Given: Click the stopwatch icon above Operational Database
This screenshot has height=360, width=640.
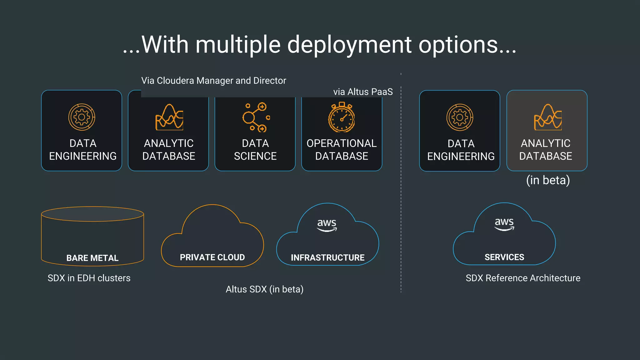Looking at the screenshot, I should (342, 117).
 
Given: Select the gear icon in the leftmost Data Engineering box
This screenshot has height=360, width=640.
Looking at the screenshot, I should (82, 117).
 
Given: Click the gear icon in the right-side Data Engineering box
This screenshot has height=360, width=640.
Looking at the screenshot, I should (460, 117).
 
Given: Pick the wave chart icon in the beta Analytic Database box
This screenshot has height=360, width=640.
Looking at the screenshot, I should (548, 117).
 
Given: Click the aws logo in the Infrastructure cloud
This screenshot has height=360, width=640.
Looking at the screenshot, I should (327, 224).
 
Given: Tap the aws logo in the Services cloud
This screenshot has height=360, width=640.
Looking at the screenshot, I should (504, 223).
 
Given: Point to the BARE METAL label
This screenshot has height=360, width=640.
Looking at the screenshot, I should (92, 258).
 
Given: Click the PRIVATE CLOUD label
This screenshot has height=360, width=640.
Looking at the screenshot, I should (212, 257).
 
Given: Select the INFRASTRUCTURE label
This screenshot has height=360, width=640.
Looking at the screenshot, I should (327, 257).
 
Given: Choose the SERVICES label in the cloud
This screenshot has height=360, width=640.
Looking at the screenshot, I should (504, 257).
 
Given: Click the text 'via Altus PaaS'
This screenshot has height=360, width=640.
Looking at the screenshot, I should (363, 92).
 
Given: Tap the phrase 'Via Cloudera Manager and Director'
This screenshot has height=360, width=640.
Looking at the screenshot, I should (213, 81).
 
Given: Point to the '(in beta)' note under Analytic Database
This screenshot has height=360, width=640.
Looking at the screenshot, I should (548, 180).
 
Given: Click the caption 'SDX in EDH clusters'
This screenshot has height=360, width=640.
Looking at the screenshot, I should (89, 278).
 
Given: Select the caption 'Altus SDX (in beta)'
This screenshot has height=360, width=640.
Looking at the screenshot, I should (265, 289).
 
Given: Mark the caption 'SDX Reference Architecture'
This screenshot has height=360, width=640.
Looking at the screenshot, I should (523, 278).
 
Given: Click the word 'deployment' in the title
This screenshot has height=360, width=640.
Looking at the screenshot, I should (349, 45).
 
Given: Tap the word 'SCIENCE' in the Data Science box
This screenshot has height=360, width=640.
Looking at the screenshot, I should (255, 156).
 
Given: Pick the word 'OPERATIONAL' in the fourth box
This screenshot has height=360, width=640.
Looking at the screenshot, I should (342, 143).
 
